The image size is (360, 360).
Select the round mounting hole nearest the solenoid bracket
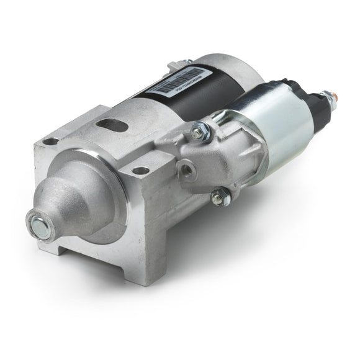coord(141,170)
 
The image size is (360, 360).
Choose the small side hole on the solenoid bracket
coord(186,167)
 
